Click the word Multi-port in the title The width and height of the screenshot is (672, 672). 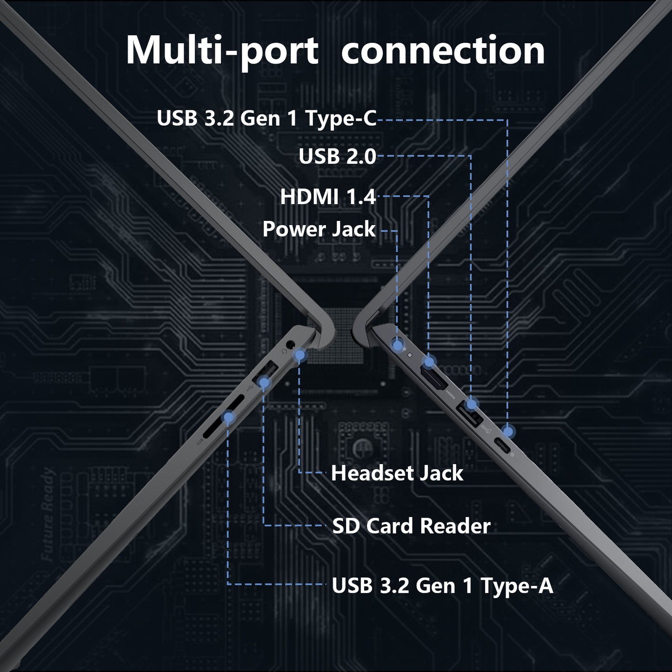pos(222,52)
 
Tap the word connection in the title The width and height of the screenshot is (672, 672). pos(443,52)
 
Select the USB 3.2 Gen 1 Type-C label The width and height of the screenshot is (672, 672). pos(267,119)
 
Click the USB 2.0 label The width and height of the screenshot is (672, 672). pos(338,156)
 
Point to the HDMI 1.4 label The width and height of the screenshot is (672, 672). pos(328,197)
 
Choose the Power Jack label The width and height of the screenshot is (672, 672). pos(319,229)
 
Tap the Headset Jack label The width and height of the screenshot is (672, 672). pos(397,473)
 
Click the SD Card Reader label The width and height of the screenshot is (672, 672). pos(411,526)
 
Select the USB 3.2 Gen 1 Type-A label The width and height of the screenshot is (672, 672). pos(442,586)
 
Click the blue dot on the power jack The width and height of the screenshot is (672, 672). pos(397,345)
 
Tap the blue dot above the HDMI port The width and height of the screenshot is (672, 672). pos(429,362)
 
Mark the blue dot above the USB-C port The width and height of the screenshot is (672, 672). pos(509,432)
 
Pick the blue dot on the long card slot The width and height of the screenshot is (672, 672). pos(228,417)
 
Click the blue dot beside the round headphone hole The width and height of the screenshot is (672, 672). pos(299,356)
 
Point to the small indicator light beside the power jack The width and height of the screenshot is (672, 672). pos(410,355)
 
